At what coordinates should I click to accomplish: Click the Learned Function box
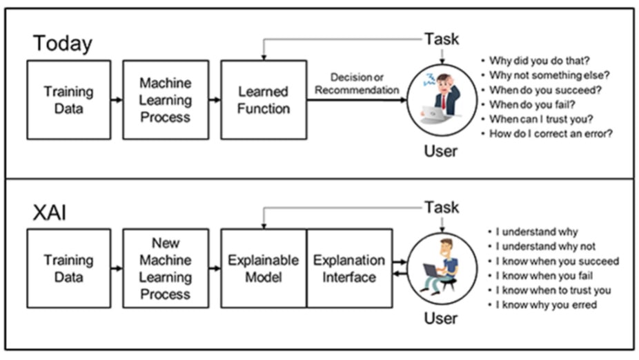tap(264, 100)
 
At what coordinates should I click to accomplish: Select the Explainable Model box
tap(264, 268)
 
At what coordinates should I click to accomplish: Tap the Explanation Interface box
tap(349, 268)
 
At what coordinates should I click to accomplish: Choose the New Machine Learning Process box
tap(166, 268)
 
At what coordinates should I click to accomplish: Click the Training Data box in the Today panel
tap(68, 100)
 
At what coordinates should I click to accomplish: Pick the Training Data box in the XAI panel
tap(68, 268)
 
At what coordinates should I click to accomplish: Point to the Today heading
tap(63, 43)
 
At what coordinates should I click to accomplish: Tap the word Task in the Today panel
tap(442, 38)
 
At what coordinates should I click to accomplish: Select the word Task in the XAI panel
tap(442, 207)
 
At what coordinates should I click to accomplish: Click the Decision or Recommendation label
tap(357, 83)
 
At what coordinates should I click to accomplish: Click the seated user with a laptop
tap(440, 266)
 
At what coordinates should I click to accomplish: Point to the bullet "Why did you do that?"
tap(539, 60)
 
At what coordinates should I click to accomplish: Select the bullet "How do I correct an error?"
tap(551, 134)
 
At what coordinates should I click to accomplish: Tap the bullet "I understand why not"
tap(545, 246)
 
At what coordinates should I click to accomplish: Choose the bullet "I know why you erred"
tap(546, 305)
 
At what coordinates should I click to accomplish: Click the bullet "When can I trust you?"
tap(540, 119)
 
